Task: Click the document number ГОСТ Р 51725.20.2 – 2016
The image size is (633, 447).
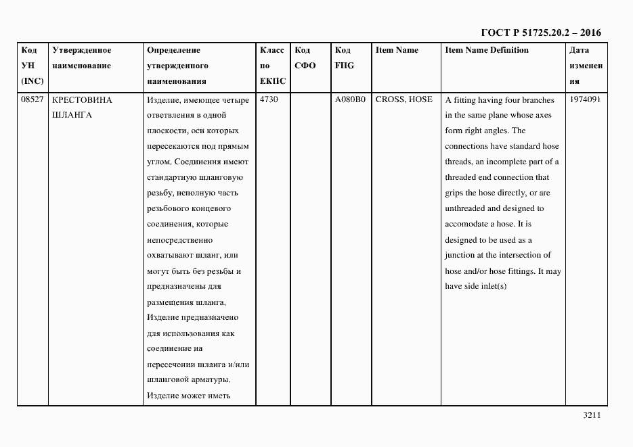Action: pos(541,32)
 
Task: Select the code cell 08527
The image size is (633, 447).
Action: pos(32,99)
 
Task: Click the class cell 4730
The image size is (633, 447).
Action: pos(269,99)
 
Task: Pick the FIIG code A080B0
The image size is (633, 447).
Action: pos(350,99)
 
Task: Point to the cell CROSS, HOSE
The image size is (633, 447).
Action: pos(403,99)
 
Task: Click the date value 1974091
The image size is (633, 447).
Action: pos(585,99)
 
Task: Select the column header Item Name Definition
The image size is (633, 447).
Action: pos(487,50)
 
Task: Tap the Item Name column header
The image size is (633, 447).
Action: pos(397,50)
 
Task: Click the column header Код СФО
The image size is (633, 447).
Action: pos(306,58)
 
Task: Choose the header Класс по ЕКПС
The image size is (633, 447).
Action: pos(272,66)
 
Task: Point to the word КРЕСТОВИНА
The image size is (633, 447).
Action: pos(82,99)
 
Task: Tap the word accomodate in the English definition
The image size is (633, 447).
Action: pos(468,224)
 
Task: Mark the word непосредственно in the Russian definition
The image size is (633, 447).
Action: pos(179,239)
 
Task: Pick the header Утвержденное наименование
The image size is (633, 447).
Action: pos(81,58)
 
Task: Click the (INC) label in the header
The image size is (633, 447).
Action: pos(32,81)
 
